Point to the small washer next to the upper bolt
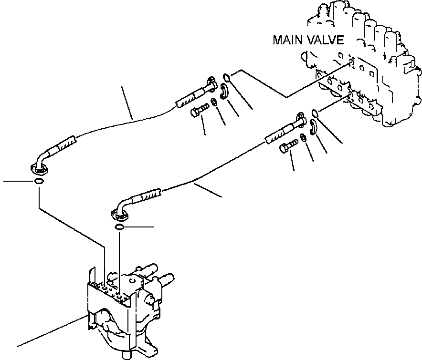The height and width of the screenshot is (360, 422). tap(214, 102)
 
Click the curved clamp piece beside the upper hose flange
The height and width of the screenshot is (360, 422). tap(225, 91)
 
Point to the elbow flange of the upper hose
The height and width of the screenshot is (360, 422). tap(38, 166)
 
